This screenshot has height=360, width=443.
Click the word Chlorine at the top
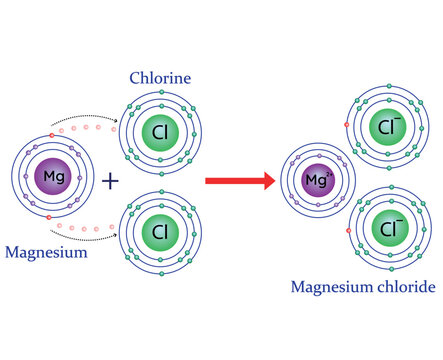click(x=159, y=77)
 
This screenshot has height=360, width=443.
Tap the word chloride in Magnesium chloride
click(x=407, y=287)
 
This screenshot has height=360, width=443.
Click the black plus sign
click(x=110, y=181)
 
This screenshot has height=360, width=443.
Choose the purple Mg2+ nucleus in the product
click(x=318, y=181)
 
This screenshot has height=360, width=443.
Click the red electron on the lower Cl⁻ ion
click(x=347, y=230)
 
